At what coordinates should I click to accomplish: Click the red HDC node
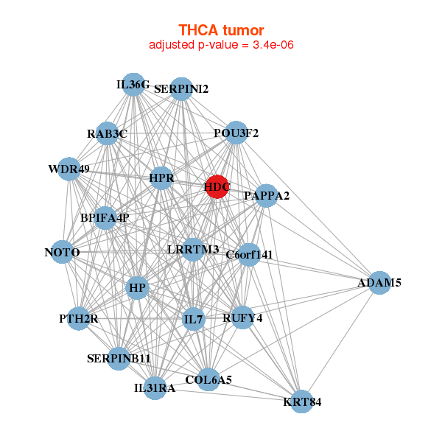click(217, 187)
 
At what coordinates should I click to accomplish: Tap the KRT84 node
click(301, 401)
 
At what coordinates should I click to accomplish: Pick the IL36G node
click(133, 85)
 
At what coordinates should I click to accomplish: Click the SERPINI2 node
click(181, 89)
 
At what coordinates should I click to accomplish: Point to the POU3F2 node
click(236, 133)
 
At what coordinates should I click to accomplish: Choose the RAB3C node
click(108, 133)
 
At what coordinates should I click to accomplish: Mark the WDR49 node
click(69, 169)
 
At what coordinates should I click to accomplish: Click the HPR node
click(161, 178)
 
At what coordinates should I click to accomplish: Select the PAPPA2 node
click(267, 196)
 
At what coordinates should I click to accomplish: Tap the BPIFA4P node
click(105, 217)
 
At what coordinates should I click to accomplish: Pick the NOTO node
click(63, 253)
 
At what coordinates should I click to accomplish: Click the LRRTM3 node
click(193, 250)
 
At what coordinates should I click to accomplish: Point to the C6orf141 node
click(249, 255)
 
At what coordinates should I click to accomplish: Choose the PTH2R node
click(78, 319)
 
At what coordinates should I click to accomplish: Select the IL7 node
click(193, 319)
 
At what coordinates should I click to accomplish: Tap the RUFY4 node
click(242, 318)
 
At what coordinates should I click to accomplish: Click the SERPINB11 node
click(119, 358)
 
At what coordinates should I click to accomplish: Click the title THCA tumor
click(221, 30)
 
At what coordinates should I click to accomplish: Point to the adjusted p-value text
click(221, 45)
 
